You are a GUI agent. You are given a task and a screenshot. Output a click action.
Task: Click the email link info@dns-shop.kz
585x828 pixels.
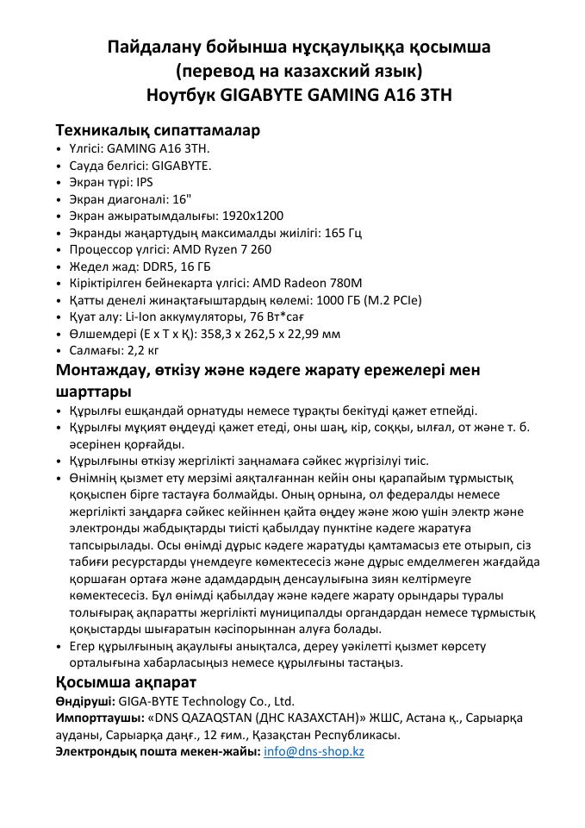point(314,751)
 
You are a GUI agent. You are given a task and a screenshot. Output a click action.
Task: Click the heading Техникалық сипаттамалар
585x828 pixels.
point(158,130)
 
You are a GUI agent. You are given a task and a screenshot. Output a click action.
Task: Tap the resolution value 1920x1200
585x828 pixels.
point(252,216)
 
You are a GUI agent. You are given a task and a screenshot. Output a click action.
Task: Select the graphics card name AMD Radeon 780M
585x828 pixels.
point(307,283)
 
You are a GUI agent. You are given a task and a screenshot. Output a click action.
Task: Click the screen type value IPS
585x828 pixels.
point(145,182)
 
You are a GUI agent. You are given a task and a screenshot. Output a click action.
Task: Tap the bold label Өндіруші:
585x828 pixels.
point(84,701)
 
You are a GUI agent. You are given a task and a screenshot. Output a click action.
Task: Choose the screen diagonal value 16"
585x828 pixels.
point(181,199)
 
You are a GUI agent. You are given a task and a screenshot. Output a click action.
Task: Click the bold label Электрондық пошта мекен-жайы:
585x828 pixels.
point(158,751)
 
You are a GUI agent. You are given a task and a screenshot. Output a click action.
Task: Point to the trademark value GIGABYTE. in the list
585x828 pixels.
point(182,166)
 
